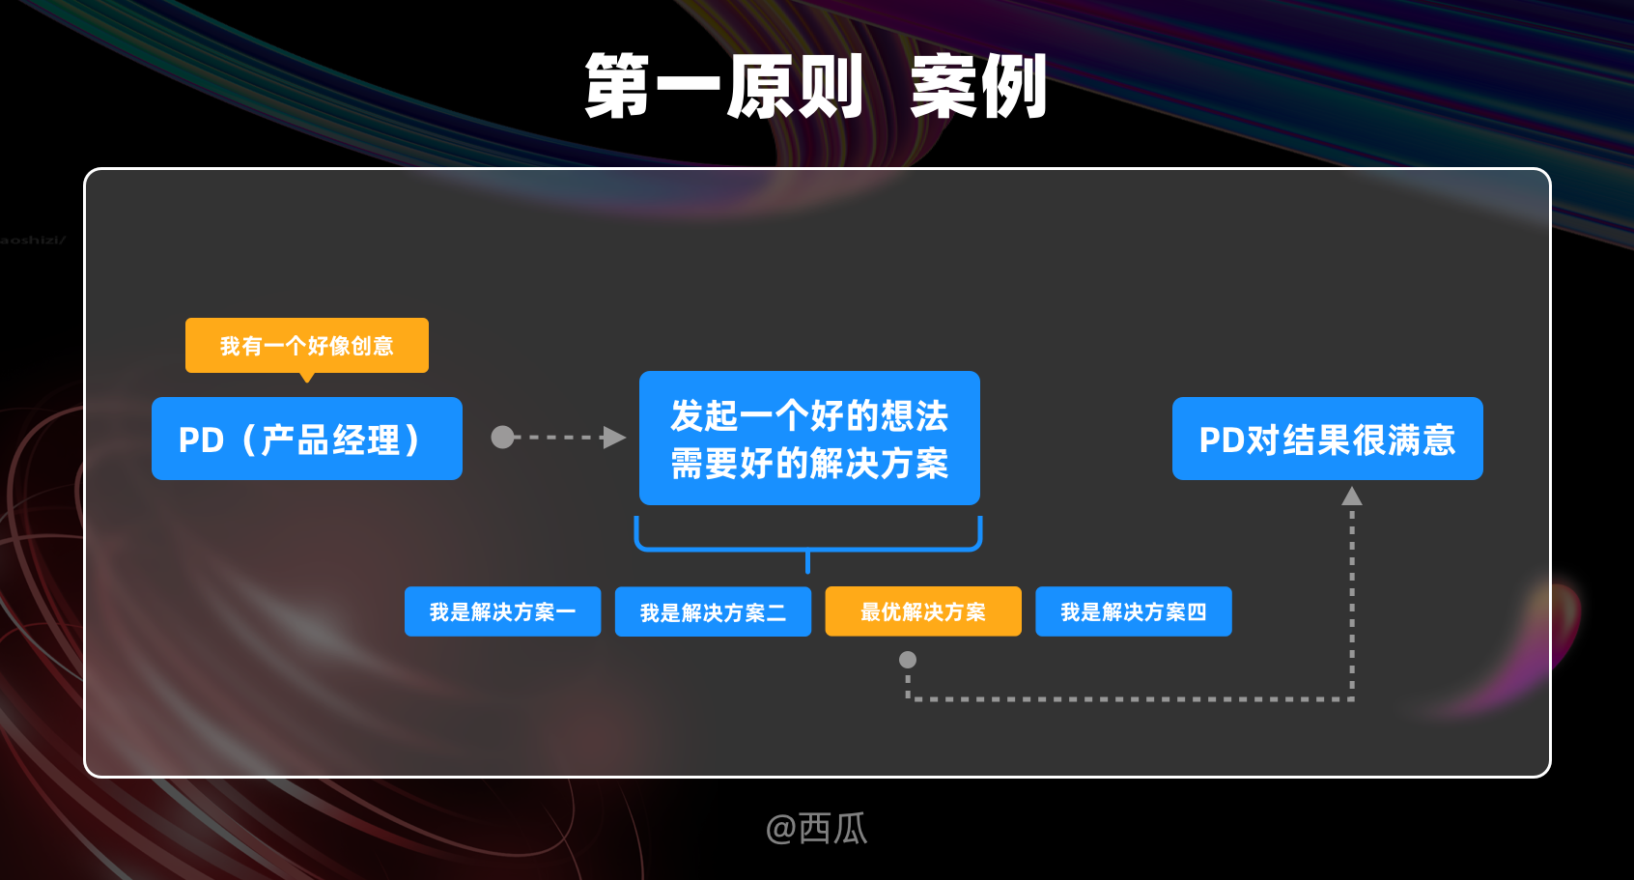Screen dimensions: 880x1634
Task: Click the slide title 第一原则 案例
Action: tap(816, 87)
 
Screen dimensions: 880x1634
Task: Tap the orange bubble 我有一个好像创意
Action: tap(306, 345)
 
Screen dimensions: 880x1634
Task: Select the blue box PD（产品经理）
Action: tap(306, 439)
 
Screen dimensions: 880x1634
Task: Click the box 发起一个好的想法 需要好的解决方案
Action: tap(809, 439)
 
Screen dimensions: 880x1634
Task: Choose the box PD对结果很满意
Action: tap(1327, 439)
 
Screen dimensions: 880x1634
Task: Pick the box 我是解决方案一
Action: tap(502, 611)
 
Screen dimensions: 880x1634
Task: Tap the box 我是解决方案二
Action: tap(713, 611)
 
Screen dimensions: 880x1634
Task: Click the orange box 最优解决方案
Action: tap(922, 611)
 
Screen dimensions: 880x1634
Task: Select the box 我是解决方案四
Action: tap(1133, 611)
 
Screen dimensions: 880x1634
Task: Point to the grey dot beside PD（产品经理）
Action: tap(502, 438)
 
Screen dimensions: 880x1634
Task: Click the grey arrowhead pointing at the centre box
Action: tap(613, 438)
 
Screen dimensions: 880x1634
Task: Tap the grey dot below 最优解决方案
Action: tap(908, 660)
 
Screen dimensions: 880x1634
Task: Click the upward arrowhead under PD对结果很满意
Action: tap(1352, 497)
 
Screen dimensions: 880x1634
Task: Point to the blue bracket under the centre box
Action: tap(807, 547)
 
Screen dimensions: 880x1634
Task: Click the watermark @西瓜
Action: tap(816, 828)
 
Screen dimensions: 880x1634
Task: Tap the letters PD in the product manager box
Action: tap(201, 440)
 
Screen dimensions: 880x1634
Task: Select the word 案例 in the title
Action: tap(978, 87)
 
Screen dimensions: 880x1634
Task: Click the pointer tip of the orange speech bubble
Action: tap(307, 379)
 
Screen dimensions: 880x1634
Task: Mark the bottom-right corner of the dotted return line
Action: tap(1352, 698)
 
